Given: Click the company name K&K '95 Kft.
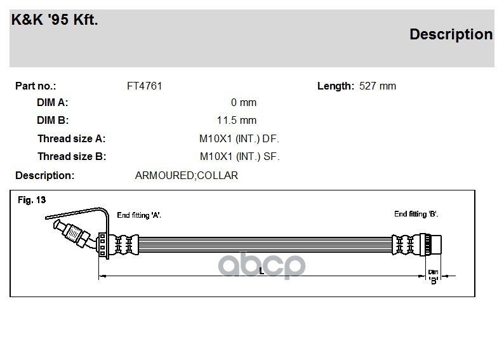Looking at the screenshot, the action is pos(55,20).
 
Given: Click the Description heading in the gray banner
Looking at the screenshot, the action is pos(451,34).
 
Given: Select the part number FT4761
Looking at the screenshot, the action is pos(144,86).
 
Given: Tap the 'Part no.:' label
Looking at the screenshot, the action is pos(36,86).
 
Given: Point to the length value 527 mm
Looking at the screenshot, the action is pos(378,86).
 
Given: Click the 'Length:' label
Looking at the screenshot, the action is pos(336,86).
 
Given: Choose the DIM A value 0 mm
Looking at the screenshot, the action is pos(244,102).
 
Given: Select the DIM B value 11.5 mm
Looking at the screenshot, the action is pos(237,120).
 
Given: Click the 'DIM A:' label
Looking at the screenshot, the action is pos(53,102).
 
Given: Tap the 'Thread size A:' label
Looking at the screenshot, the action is pos(71,138).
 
